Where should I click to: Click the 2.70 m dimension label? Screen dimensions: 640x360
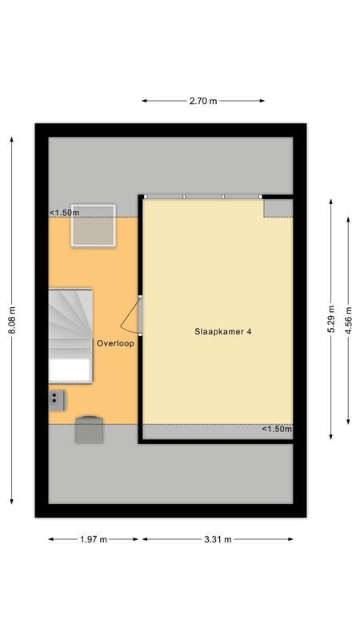(203, 101)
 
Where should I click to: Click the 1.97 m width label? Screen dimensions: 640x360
(94, 540)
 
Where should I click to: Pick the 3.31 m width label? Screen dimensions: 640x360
(217, 540)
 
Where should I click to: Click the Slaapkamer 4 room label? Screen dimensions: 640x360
(217, 330)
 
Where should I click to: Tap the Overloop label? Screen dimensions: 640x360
(115, 343)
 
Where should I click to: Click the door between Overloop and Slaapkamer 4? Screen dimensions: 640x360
(132, 316)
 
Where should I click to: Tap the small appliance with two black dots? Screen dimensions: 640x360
(57, 398)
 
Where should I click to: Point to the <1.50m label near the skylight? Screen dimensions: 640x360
(65, 212)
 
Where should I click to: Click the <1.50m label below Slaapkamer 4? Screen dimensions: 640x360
(277, 430)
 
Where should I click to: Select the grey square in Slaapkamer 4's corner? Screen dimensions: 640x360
(278, 207)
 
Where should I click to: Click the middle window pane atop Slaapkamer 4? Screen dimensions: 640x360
(204, 196)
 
